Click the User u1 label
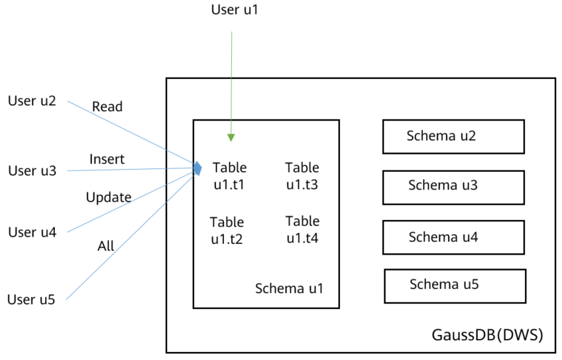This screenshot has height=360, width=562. (235, 10)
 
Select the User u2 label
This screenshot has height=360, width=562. (32, 101)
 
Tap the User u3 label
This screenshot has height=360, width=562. (32, 170)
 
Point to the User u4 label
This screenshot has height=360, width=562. (32, 232)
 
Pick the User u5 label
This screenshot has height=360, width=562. (31, 300)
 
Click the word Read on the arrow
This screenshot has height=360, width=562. (107, 107)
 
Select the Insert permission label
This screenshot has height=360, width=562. (107, 159)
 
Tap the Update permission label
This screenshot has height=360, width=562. (109, 197)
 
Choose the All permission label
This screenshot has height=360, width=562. (106, 246)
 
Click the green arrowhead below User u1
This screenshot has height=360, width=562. (231, 138)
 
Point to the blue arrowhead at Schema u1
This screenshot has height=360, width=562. (197, 168)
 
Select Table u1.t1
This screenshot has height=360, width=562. (229, 176)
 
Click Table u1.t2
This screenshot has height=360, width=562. (227, 231)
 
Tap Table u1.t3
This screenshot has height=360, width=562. (302, 176)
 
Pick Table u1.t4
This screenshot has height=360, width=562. (302, 229)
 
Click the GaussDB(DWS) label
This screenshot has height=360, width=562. (488, 335)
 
